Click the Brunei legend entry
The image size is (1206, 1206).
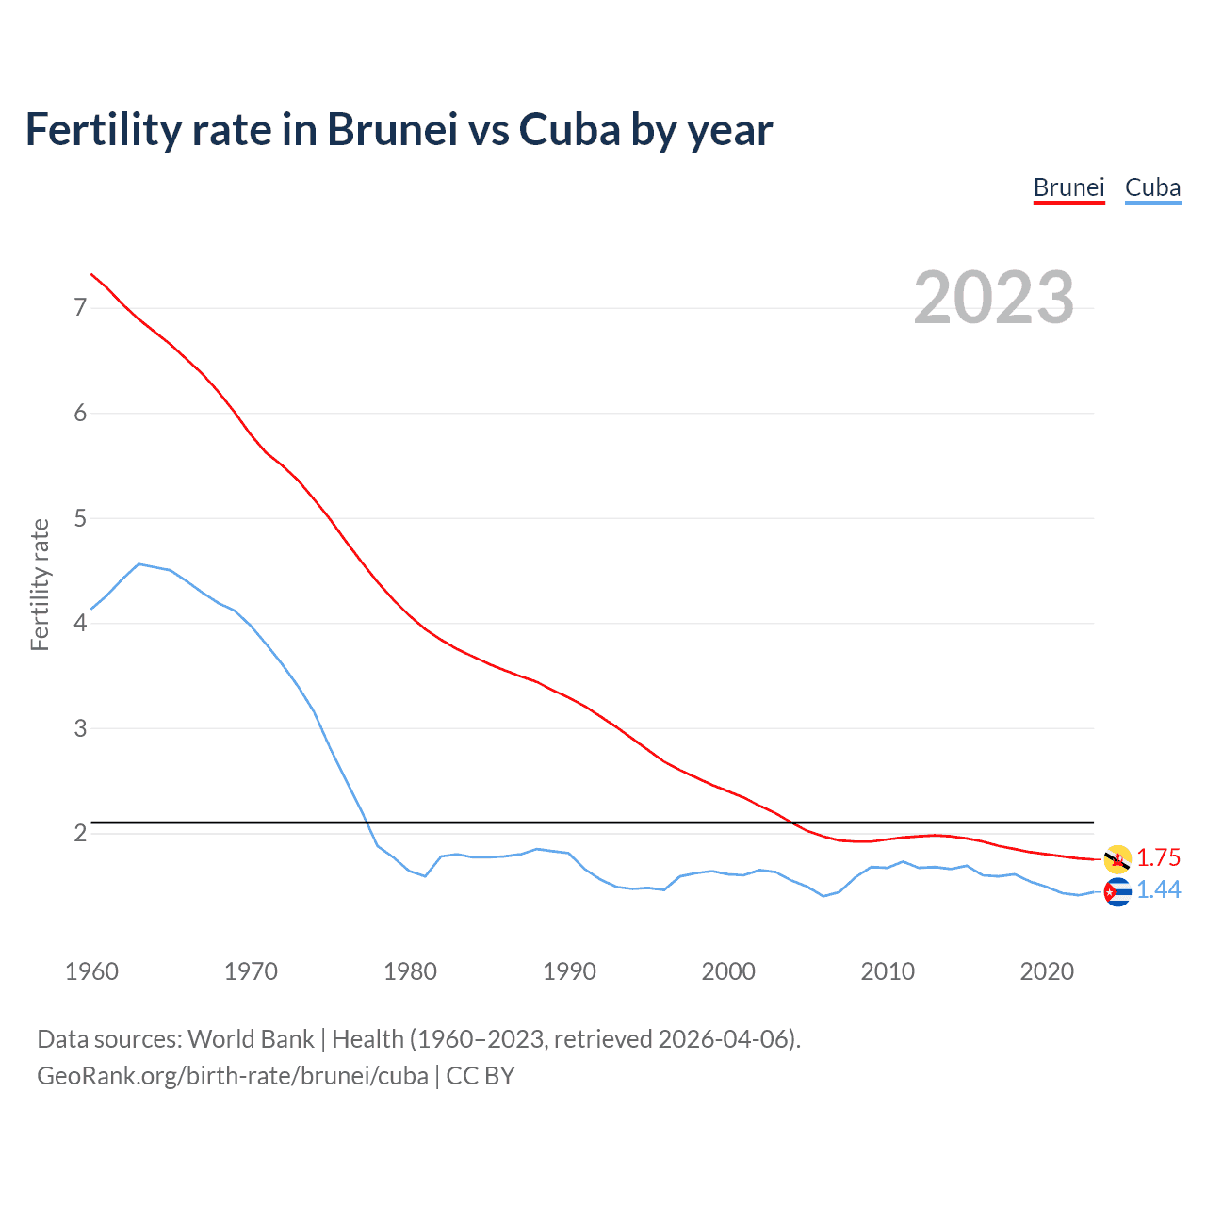(1068, 187)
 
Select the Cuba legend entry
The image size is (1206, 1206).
(1152, 187)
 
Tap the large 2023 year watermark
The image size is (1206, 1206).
(994, 298)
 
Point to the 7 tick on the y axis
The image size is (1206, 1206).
(80, 307)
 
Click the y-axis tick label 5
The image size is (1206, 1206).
(80, 518)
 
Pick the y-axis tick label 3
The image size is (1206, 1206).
(80, 728)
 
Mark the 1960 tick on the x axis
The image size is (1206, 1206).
(91, 971)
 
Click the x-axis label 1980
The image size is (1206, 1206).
(410, 971)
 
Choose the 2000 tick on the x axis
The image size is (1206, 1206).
(728, 971)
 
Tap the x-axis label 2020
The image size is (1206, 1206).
(1047, 971)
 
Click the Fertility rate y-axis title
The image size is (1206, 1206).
(40, 584)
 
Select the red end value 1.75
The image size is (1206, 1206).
(1158, 857)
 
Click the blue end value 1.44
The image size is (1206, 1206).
(1158, 889)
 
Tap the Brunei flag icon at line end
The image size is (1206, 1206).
(1117, 858)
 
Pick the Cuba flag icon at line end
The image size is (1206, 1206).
(1117, 891)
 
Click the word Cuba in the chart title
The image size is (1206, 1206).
(569, 129)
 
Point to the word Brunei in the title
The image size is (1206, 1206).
(392, 129)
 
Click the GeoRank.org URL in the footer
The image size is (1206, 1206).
(233, 1075)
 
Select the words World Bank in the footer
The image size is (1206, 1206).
(251, 1039)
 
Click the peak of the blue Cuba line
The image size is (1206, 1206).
(139, 563)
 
